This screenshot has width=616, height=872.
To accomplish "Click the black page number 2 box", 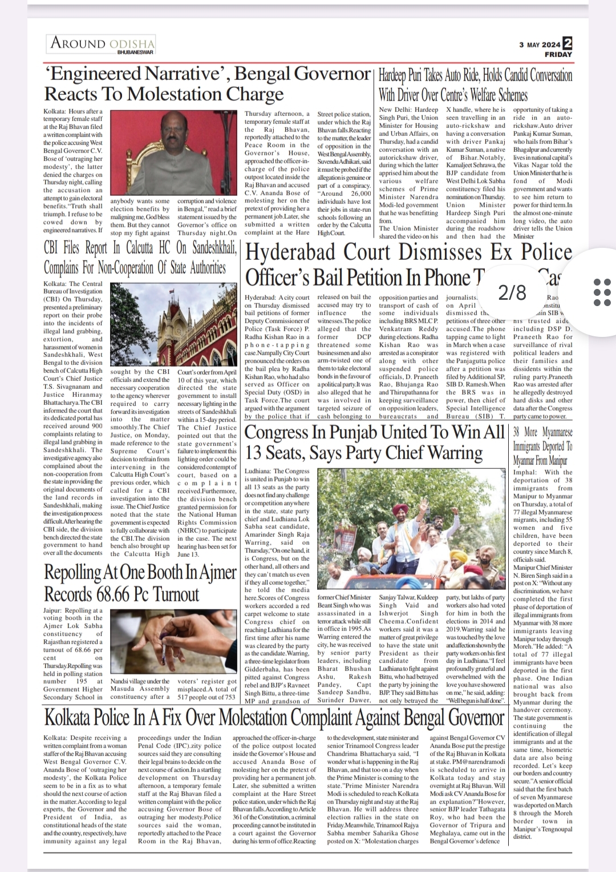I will pos(568,43).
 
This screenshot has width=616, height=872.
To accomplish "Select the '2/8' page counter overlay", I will pos(512,293).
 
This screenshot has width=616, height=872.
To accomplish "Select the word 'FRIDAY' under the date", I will pos(558,55).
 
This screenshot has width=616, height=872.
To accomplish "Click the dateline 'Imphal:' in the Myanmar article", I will pos(524,472).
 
